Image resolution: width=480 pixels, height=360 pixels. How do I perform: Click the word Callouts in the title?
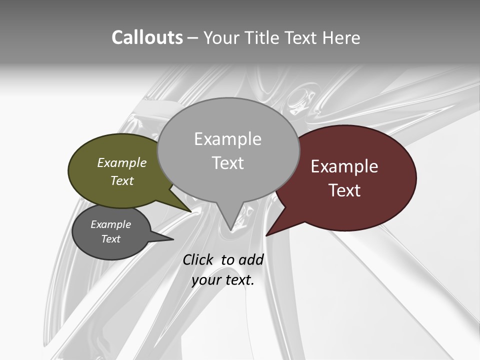pyautogui.click(x=147, y=37)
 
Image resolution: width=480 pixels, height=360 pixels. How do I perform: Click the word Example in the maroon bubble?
pyautogui.click(x=344, y=166)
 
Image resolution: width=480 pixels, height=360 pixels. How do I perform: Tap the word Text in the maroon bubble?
pyautogui.click(x=345, y=190)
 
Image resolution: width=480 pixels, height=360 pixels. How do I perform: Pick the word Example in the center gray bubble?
pyautogui.click(x=227, y=139)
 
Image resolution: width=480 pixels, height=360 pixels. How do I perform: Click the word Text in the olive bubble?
pyautogui.click(x=122, y=180)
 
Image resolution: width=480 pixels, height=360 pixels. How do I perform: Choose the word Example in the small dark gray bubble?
pyautogui.click(x=110, y=224)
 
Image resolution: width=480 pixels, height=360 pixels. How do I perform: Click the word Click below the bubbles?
pyautogui.click(x=198, y=259)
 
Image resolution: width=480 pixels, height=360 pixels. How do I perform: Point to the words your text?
pyautogui.click(x=223, y=280)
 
